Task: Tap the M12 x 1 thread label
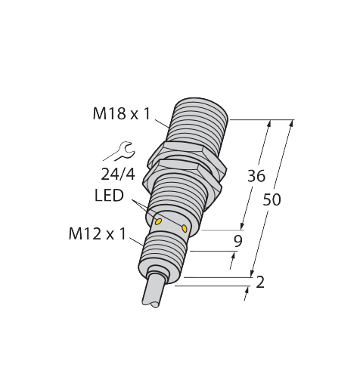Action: (x=97, y=233)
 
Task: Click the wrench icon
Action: (x=118, y=151)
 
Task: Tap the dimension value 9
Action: (x=238, y=242)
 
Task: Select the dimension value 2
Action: (x=260, y=283)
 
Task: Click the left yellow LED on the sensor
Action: (x=159, y=221)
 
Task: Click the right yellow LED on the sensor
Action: (x=185, y=227)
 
